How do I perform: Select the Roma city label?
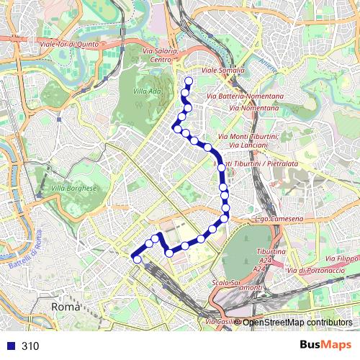click(65, 307)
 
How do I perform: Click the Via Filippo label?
click(343, 258)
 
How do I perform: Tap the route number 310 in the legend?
click(30, 346)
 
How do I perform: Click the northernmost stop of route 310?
click(189, 81)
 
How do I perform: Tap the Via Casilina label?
click(220, 321)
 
